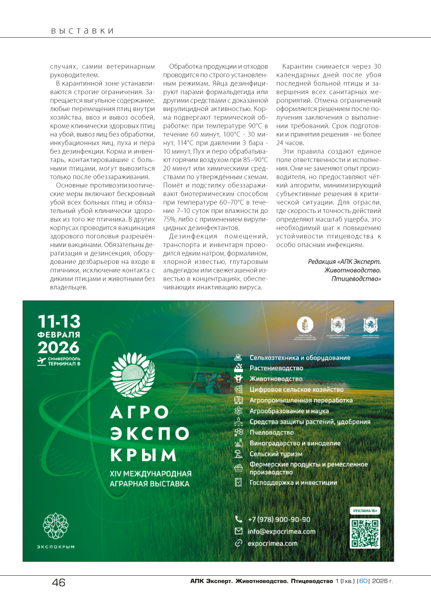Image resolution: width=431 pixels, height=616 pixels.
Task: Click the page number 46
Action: coord(59,582)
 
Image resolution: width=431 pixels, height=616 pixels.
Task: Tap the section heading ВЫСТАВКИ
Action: coord(82,31)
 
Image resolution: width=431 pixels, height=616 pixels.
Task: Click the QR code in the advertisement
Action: coord(365,533)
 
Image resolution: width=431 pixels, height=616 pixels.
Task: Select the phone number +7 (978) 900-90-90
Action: coord(279,519)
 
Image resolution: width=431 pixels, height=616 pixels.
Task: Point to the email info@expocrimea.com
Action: coord(281,531)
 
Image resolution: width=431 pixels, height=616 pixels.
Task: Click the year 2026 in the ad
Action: coord(59,347)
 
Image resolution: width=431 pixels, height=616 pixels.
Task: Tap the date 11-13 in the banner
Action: coord(59,322)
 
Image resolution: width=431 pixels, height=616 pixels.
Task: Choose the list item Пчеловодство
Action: coord(272,433)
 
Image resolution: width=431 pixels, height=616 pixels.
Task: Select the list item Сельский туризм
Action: coord(276,454)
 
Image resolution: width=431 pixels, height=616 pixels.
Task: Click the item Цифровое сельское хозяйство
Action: coord(296,390)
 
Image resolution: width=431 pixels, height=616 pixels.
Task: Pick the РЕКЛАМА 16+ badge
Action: coord(365,510)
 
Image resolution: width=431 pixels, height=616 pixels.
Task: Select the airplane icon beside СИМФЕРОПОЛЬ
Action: coord(41,361)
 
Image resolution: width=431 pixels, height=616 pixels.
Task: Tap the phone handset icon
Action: coord(238,519)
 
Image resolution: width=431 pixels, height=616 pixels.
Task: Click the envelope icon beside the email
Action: coord(238,531)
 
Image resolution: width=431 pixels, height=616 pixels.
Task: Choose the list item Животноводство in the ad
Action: coord(276,379)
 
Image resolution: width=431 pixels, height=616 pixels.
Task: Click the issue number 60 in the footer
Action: coord(363,581)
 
